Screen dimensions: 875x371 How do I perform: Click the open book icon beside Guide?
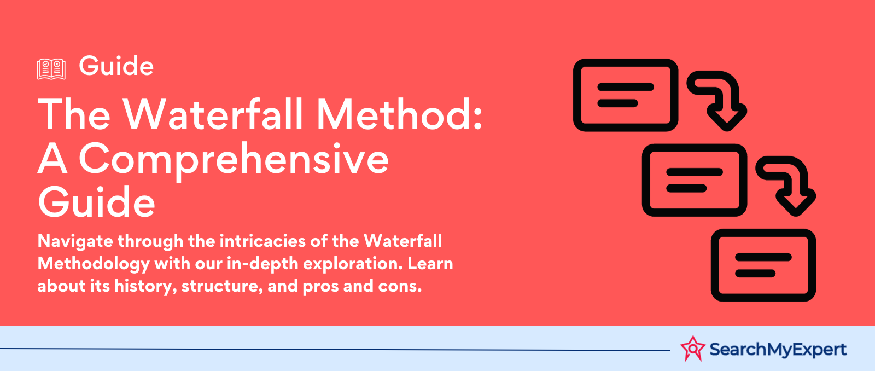click(51, 69)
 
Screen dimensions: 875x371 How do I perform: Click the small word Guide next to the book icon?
click(116, 65)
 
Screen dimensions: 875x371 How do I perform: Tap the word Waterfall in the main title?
click(213, 114)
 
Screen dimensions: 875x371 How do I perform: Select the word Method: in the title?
click(399, 114)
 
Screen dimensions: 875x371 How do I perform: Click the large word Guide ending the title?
click(96, 202)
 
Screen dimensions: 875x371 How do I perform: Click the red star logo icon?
click(693, 349)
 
